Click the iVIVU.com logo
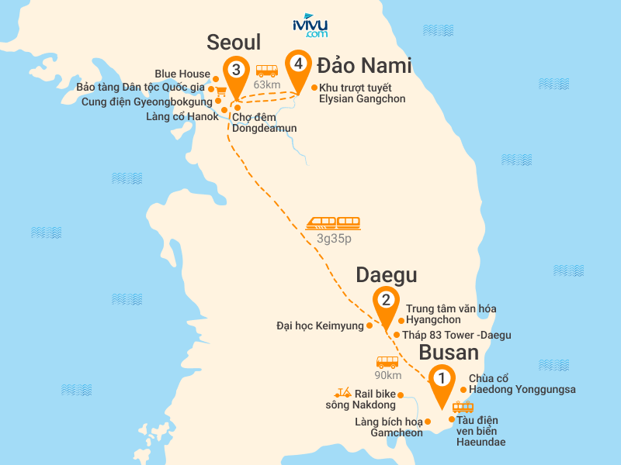coord(310,26)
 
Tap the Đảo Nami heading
coord(363,65)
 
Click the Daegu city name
coord(387,275)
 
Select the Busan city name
coord(449,353)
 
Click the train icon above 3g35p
coord(333,222)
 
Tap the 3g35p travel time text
coord(334,239)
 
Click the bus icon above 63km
coord(266,71)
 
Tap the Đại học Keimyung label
coord(320,326)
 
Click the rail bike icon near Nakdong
coord(343,394)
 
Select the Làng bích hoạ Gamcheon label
coord(388,427)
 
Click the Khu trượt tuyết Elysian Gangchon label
coord(362,93)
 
